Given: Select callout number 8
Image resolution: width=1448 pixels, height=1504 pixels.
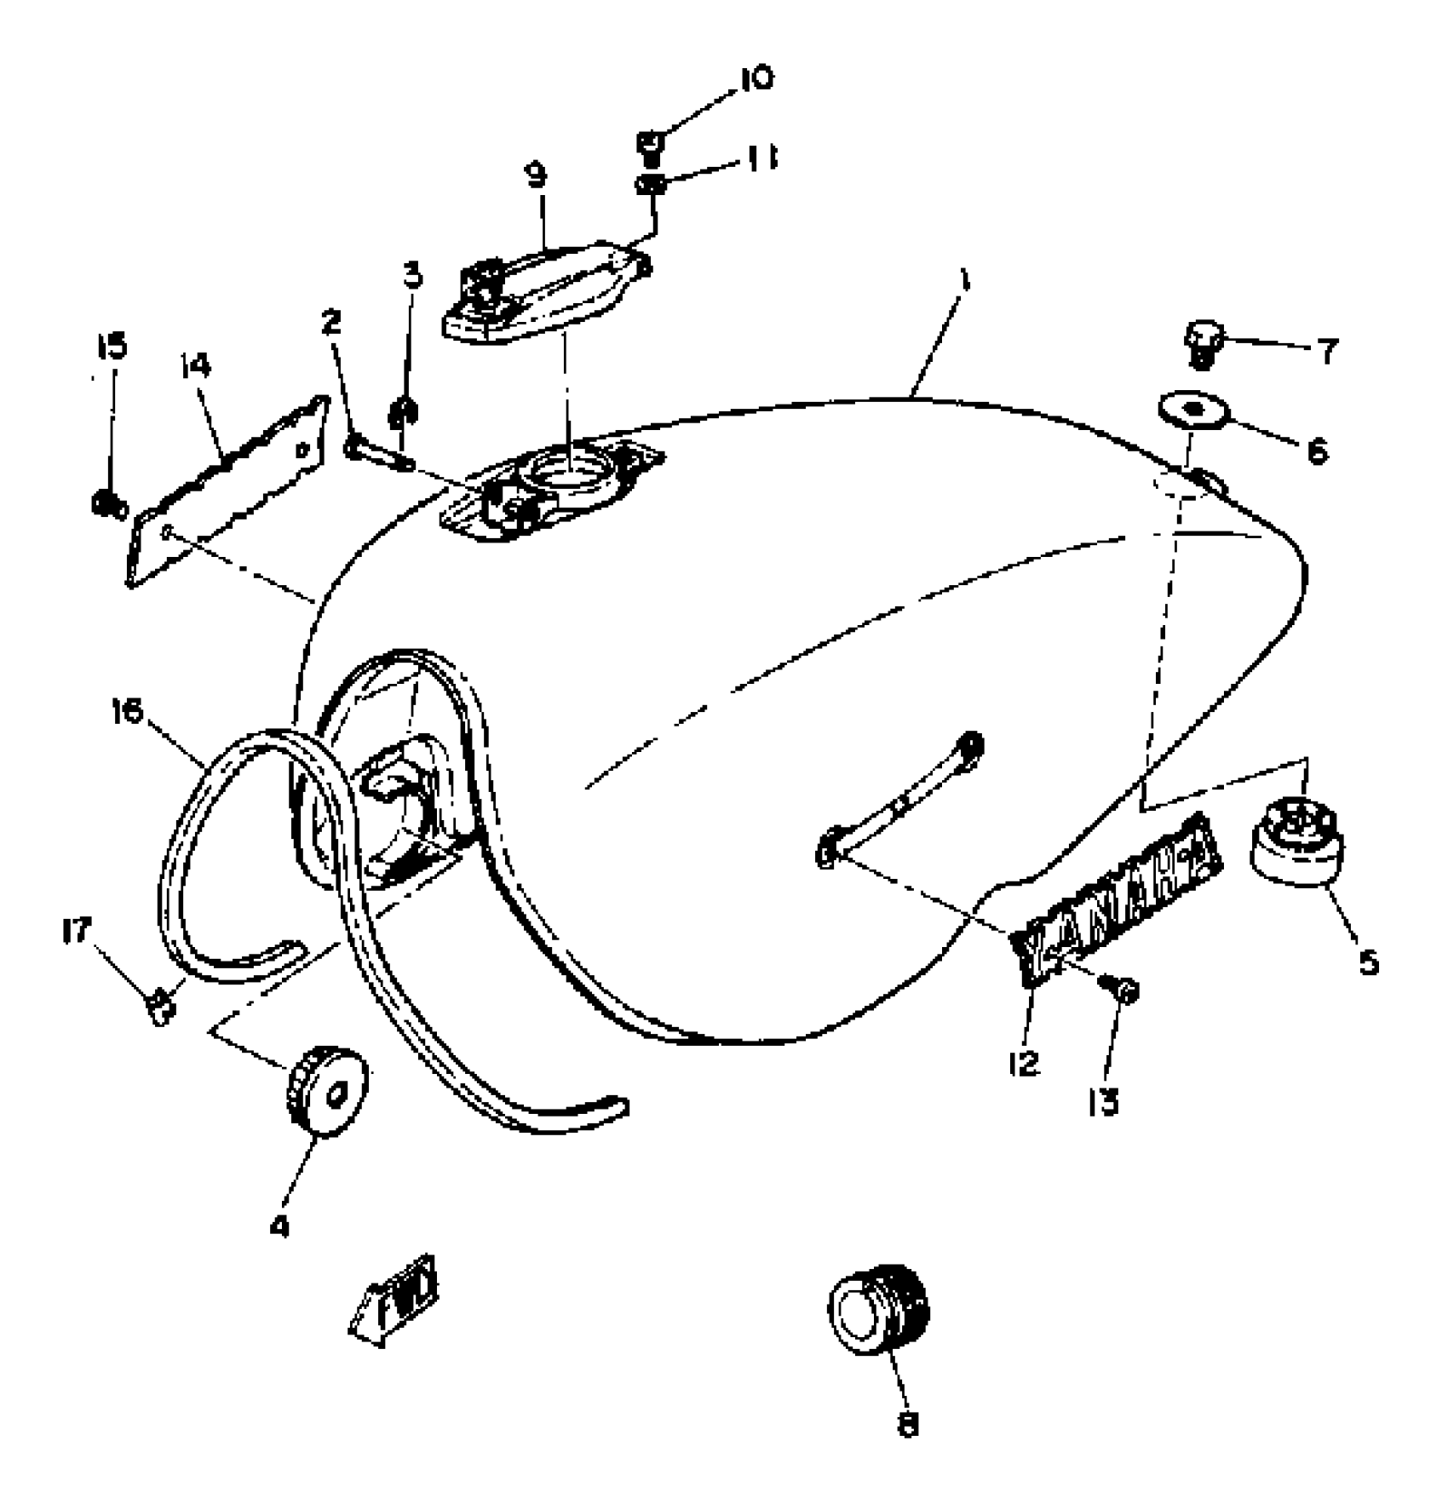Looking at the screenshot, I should coord(908,1424).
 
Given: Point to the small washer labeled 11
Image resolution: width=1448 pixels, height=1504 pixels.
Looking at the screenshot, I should coord(650,183).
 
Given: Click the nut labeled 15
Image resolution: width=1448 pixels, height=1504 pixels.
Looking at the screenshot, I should coord(109,505).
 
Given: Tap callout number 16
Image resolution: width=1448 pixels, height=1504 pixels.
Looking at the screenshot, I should coord(128,711).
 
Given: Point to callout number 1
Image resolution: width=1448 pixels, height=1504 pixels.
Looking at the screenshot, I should coord(963,281).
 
